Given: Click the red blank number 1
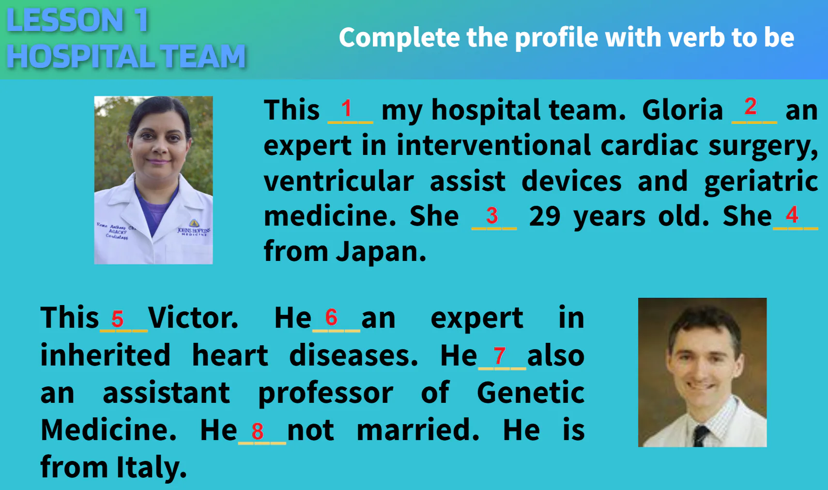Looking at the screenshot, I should [x=347, y=108].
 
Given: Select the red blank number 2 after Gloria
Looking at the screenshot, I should [x=751, y=107].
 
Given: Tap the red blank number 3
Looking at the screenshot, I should [x=492, y=215].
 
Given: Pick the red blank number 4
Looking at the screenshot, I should [x=792, y=214].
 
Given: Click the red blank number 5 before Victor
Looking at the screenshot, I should [x=118, y=319].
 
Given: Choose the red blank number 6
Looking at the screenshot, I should [x=331, y=318].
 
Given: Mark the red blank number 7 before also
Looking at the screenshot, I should [x=500, y=356].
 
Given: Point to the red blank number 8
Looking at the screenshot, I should [x=258, y=431].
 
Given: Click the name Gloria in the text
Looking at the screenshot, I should [x=682, y=110].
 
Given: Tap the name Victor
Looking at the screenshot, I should [x=193, y=318].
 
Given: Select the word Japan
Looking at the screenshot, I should [x=381, y=252].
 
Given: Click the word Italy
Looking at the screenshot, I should [x=151, y=467].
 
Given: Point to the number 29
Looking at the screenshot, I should [x=545, y=216].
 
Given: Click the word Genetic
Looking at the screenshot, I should [x=530, y=393].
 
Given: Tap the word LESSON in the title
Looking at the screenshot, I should [x=65, y=21].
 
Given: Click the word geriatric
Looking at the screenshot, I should [x=761, y=182].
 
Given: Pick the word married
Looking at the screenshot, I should [x=418, y=430].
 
